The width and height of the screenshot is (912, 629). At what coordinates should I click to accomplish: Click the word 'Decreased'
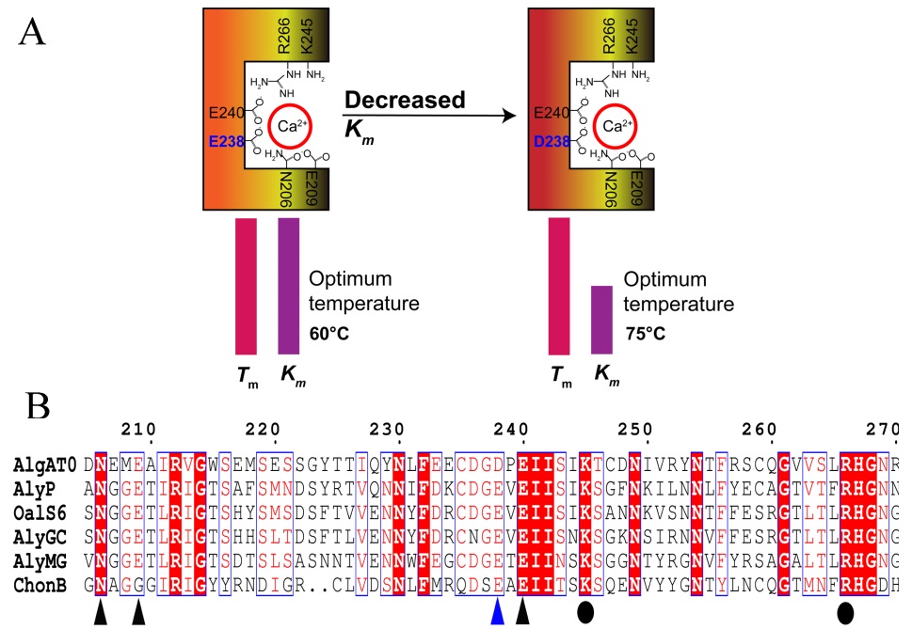tap(405, 100)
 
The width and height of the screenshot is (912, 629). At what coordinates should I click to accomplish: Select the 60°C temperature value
tap(328, 332)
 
